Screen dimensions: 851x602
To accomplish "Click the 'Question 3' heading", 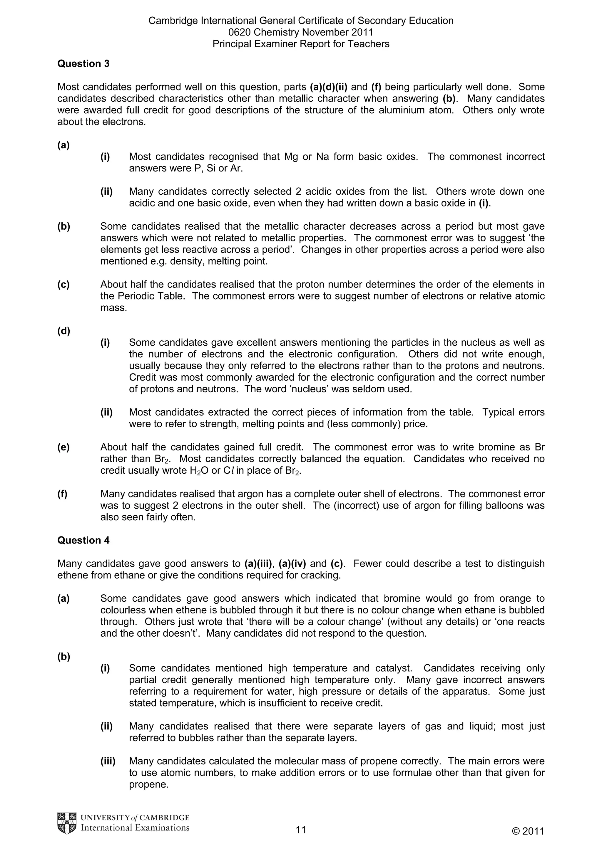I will pos(83,64).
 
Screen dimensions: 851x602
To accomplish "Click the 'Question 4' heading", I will pos(83,540).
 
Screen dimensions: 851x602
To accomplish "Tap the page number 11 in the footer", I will pos(301,830).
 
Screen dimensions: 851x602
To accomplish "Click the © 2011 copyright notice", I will pos(528,831).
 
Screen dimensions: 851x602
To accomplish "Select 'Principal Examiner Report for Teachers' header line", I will pos(301,44).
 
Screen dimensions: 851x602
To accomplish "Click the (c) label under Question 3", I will pos(63,284).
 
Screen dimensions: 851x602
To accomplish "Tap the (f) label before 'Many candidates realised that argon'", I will pos(62,494).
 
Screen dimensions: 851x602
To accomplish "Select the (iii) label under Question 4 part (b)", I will pos(108,761).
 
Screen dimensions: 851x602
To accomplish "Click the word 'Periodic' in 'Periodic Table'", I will pos(135,296).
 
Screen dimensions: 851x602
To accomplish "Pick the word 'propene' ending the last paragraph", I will pos(148,785).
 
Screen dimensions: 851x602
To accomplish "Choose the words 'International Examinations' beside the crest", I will pos(135,828).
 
